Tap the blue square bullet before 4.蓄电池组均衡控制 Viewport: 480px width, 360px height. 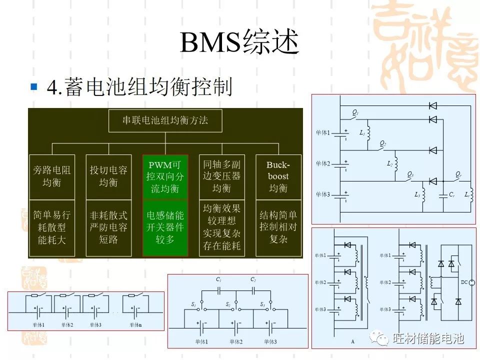tap(34, 87)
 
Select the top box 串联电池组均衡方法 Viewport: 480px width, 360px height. tap(165, 120)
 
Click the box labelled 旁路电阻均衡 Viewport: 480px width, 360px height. tap(51, 176)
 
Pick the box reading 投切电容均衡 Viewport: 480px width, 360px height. tap(108, 176)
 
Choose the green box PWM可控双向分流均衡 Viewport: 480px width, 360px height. tap(165, 176)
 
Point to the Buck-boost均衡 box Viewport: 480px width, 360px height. tap(278, 176)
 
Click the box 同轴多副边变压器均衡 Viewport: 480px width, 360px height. tap(221, 176)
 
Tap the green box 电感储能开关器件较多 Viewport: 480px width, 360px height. tap(165, 227)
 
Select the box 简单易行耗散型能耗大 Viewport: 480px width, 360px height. tap(51, 227)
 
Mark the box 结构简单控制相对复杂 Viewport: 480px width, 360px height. tap(278, 227)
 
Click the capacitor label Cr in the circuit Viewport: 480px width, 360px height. tap(451, 194)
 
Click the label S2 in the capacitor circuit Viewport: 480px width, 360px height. tap(228, 304)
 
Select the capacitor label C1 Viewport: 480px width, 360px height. tap(218, 280)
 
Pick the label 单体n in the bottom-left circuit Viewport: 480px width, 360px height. tap(136, 325)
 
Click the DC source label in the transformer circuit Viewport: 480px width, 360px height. tap(464, 283)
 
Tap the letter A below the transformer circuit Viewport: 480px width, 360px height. tap(352, 342)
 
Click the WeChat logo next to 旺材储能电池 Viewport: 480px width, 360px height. tap(382, 338)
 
